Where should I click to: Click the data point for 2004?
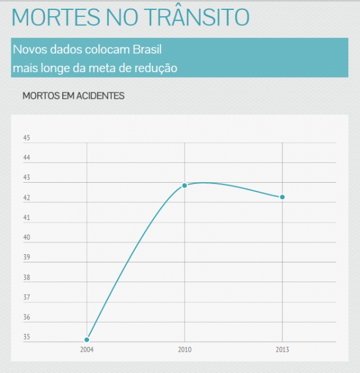coord(87,339)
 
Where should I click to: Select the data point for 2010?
coord(185,185)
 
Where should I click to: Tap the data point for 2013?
coord(282,197)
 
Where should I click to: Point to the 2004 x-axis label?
coord(87,349)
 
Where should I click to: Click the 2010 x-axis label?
coord(185,349)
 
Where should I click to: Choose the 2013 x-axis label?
coord(282,349)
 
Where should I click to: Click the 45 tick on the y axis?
coord(27,138)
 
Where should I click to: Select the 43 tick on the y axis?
coord(27,177)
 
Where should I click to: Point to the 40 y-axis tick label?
coord(27,237)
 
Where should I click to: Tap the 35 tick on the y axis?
coord(27,337)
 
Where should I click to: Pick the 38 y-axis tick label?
coord(27,277)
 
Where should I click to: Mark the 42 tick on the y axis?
coord(27,198)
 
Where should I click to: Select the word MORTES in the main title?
coord(56,17)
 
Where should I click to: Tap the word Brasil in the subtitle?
coord(147,50)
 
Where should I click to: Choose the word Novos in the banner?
coord(30,50)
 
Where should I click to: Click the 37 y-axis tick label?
coord(27,297)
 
